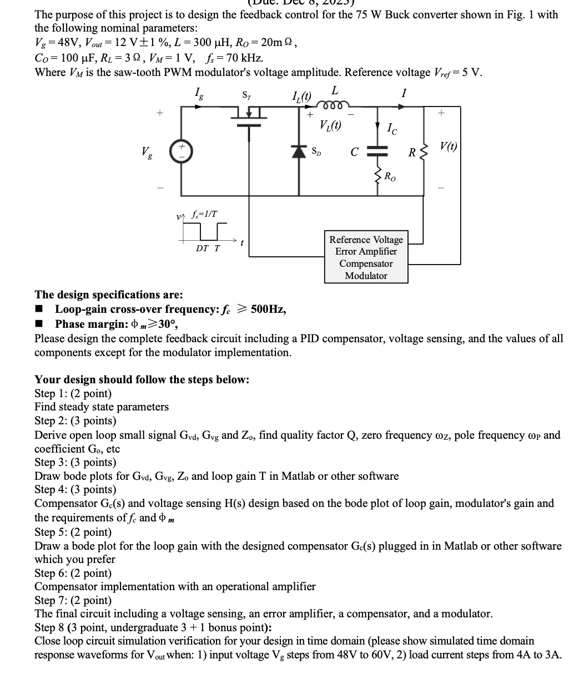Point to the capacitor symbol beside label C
[379, 149]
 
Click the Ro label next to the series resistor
[390, 177]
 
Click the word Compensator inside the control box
[366, 264]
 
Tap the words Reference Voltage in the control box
[366, 240]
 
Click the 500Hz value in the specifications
[269, 309]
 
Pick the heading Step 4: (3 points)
[75, 489]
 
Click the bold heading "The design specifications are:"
[109, 295]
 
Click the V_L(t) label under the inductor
[330, 125]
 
